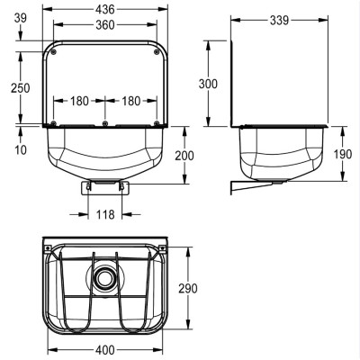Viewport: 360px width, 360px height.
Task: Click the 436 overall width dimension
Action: point(105,9)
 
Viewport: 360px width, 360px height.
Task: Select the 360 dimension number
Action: point(105,25)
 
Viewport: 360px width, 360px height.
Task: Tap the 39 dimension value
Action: point(21,18)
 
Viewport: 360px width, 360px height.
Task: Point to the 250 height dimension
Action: point(21,88)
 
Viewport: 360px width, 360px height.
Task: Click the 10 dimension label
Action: point(21,149)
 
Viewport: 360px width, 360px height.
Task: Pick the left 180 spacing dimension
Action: point(79,101)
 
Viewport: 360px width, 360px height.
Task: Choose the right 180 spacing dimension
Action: point(131,101)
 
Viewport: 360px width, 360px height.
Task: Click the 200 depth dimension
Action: point(184,156)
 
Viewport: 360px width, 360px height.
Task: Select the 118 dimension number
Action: point(105,214)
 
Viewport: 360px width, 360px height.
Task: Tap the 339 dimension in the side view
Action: point(279,20)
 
